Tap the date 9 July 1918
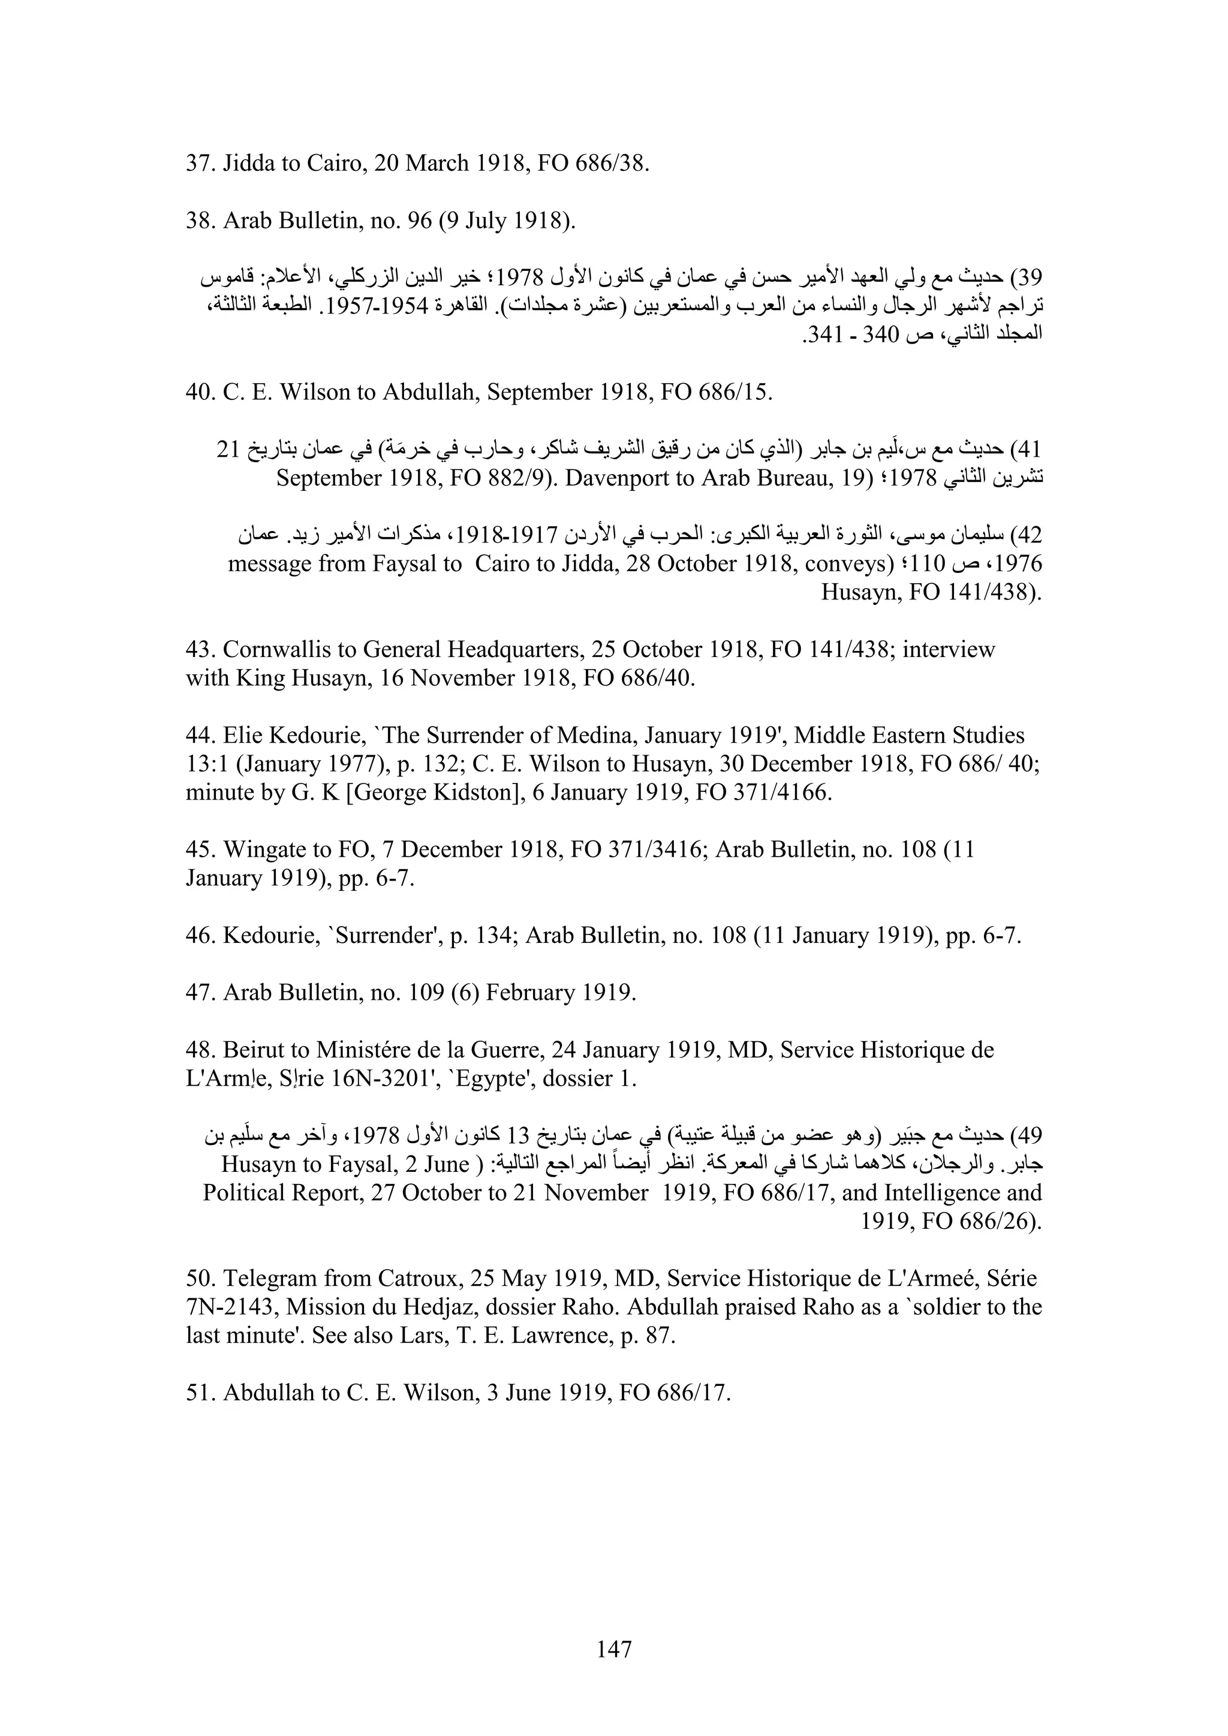(502, 220)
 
